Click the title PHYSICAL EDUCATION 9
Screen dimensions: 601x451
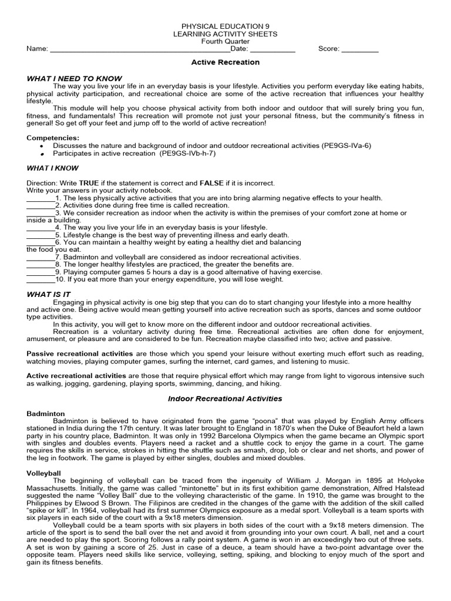(x=225, y=28)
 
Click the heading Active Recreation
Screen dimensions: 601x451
(x=225, y=62)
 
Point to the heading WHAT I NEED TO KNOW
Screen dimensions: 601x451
(x=74, y=78)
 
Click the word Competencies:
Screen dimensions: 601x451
(x=53, y=137)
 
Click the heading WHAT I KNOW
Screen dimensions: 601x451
(x=53, y=168)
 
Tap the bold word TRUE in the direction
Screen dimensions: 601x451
(x=89, y=183)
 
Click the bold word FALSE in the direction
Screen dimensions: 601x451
(x=211, y=183)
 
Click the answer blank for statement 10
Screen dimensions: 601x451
(x=40, y=280)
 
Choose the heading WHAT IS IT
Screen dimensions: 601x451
(x=49, y=294)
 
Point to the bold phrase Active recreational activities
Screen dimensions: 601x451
(x=76, y=376)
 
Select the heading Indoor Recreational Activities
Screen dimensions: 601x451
(x=225, y=399)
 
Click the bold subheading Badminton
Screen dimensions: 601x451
(x=46, y=414)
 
